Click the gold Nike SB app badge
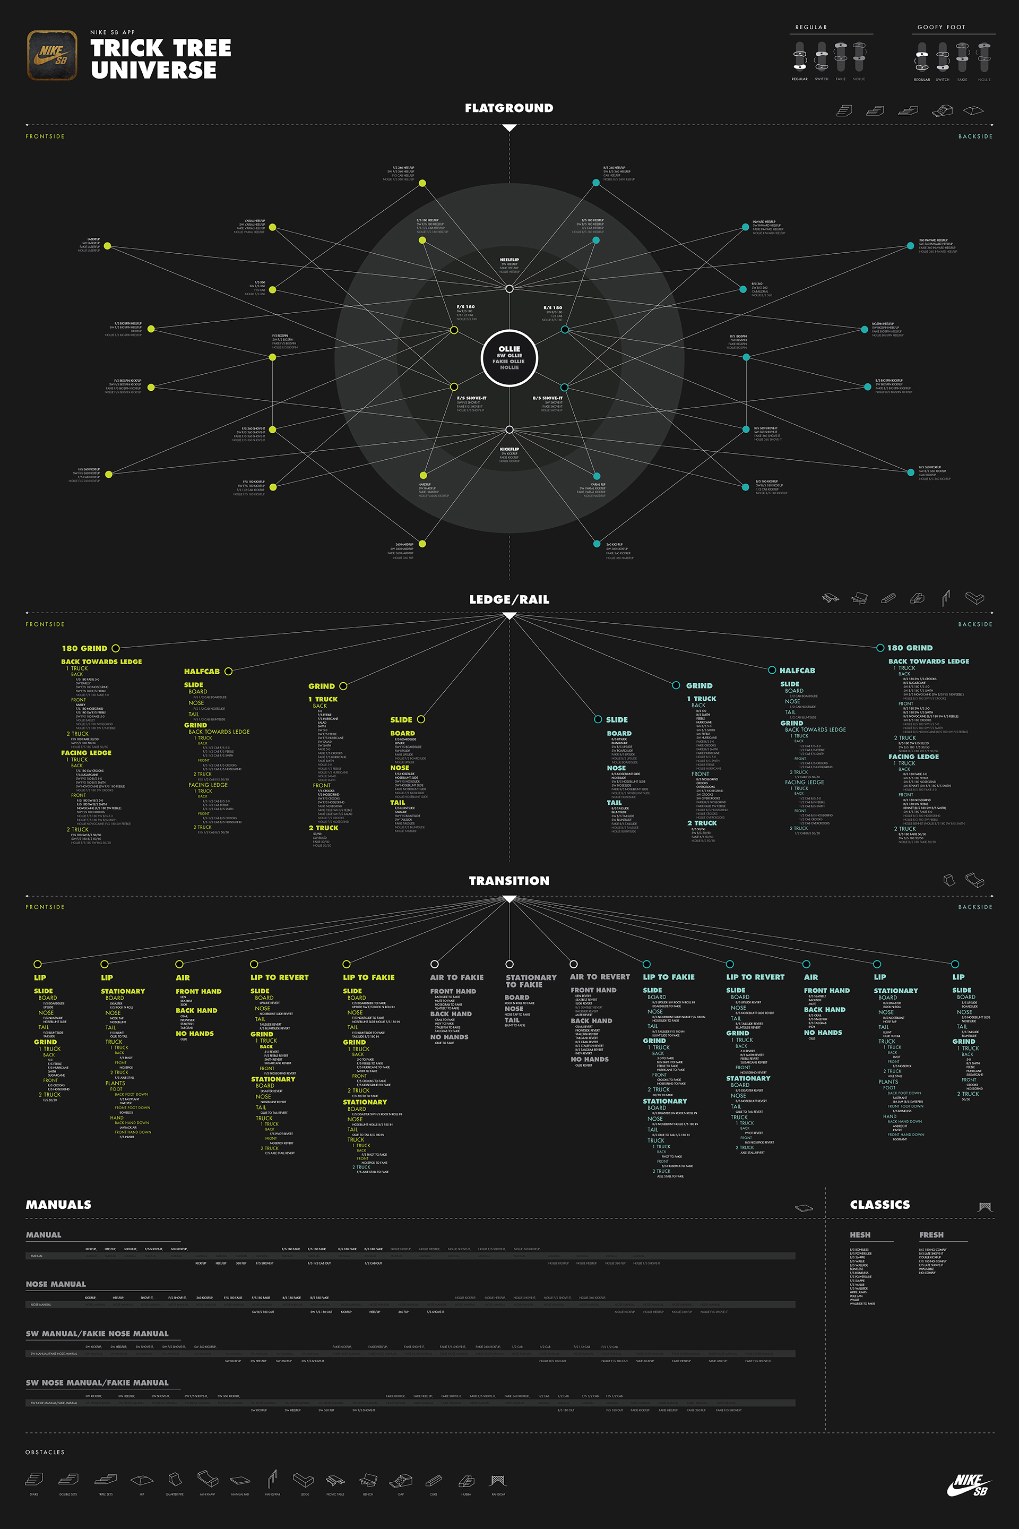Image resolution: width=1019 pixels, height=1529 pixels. pos(52,55)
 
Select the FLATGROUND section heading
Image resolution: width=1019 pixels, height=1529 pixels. pos(509,108)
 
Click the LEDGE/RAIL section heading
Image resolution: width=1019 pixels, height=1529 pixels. pos(509,599)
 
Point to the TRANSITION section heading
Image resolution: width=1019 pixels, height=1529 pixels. pos(509,881)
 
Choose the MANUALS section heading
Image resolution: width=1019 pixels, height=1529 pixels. pos(58,1205)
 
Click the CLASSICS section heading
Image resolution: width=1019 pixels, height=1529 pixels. pos(880,1205)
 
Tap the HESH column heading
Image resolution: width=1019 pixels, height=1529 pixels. pos(860,1234)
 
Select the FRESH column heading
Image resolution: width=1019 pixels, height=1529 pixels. pos(931,1234)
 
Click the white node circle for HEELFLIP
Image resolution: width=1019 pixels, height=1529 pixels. pos(509,289)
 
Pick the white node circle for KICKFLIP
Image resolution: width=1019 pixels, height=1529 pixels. pos(509,430)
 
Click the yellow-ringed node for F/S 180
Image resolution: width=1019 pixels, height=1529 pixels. pos(454,330)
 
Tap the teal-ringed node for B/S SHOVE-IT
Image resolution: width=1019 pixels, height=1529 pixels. pos(564,388)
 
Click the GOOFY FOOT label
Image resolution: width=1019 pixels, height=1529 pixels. pos(941,27)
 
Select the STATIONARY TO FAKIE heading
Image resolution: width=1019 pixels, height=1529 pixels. pos(531,981)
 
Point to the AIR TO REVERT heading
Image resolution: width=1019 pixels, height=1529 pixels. pos(600,976)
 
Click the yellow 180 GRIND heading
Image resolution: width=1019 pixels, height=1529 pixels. pos(84,648)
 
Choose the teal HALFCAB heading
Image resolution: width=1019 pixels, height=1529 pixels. pos(797,670)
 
